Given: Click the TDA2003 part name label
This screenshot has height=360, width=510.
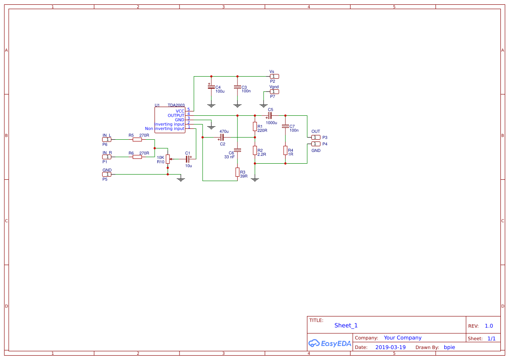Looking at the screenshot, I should pyautogui.click(x=176, y=105).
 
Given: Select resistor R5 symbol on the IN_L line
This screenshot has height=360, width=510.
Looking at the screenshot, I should pyautogui.click(x=137, y=139).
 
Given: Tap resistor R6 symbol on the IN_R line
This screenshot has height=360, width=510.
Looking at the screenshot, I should pyautogui.click(x=137, y=157).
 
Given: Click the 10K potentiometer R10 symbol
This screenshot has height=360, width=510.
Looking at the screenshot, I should pyautogui.click(x=168, y=159).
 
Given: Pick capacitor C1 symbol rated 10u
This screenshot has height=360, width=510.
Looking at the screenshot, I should pyautogui.click(x=188, y=159).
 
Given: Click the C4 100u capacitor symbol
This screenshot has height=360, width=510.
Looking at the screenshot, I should pyautogui.click(x=211, y=87).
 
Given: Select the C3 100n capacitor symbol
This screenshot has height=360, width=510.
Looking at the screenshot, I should pyautogui.click(x=237, y=87).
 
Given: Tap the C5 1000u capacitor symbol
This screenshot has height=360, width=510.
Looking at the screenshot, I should pyautogui.click(x=270, y=115).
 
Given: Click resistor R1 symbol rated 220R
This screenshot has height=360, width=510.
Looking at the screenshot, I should pyautogui.click(x=255, y=126).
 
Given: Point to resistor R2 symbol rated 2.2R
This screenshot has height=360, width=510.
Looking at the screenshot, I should pyautogui.click(x=255, y=150).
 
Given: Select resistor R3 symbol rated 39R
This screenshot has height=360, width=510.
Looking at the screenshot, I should pyautogui.click(x=237, y=172).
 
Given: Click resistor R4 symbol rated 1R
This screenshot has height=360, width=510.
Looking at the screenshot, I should pyautogui.click(x=285, y=150).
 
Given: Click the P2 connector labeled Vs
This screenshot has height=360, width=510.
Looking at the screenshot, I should pyautogui.click(x=274, y=76).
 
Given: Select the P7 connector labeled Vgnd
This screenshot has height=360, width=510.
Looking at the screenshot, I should pyautogui.click(x=274, y=91).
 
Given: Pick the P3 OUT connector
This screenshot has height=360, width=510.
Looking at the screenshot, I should pyautogui.click(x=315, y=137).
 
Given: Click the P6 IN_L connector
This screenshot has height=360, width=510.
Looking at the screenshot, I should pyautogui.click(x=107, y=139).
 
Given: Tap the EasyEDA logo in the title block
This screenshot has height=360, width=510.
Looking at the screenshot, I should pyautogui.click(x=330, y=343).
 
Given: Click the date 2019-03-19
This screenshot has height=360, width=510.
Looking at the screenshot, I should pyautogui.click(x=390, y=347).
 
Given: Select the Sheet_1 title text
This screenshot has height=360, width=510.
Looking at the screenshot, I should pyautogui.click(x=346, y=325).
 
